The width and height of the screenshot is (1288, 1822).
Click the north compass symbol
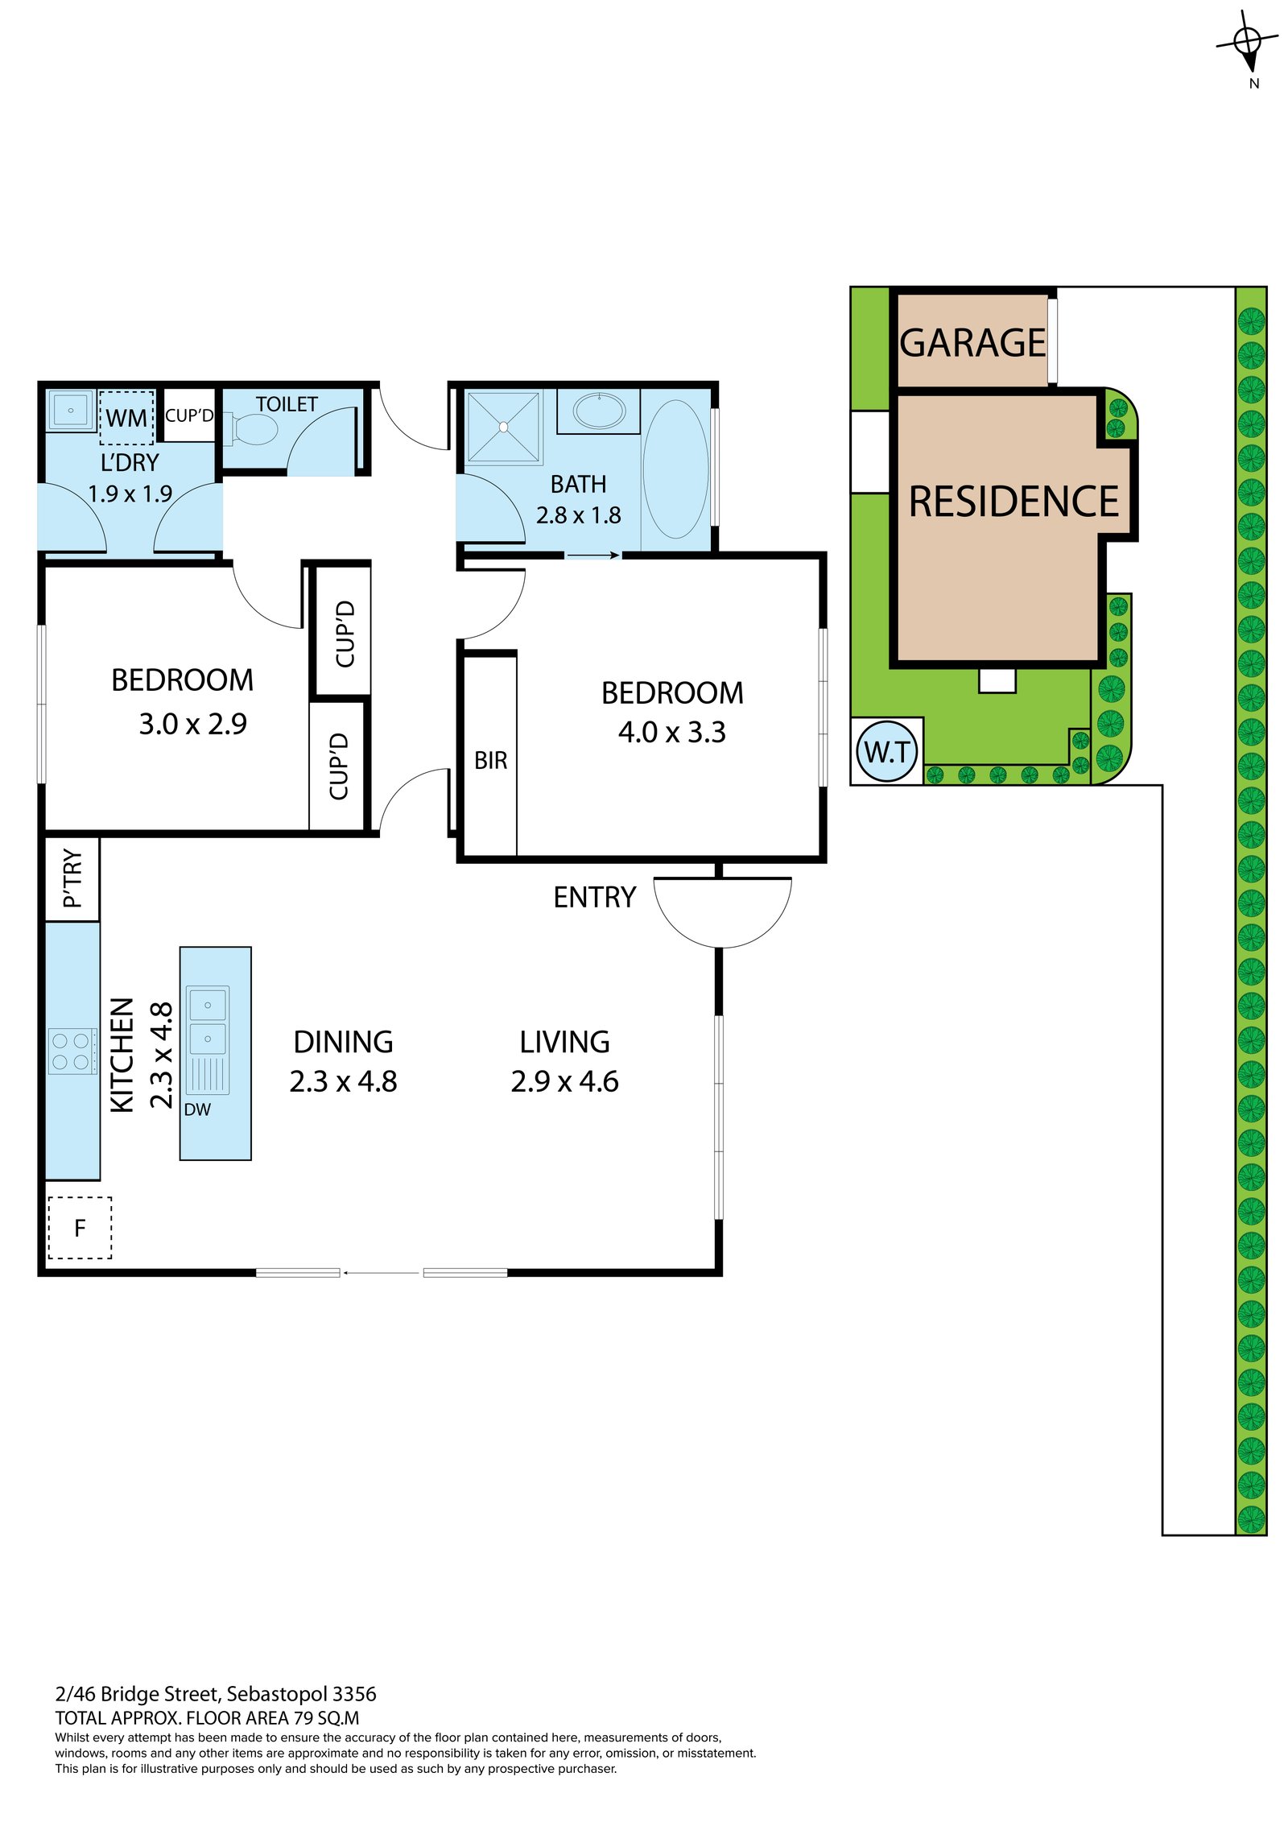click(1247, 40)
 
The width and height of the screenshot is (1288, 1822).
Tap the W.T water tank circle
click(887, 752)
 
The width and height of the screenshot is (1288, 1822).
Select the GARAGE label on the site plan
click(972, 343)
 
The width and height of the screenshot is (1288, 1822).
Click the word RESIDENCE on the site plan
click(1013, 502)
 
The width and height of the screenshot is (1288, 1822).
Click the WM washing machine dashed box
click(126, 418)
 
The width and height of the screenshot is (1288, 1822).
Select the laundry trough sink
click(71, 411)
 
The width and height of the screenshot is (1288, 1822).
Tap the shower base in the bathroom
click(503, 428)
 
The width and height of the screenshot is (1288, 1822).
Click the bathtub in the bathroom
click(675, 469)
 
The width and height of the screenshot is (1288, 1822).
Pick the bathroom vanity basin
click(599, 411)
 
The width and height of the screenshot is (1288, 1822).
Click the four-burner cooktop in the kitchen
click(71, 1051)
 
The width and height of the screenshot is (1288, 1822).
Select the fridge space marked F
click(80, 1228)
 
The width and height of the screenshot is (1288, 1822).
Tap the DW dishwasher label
click(197, 1109)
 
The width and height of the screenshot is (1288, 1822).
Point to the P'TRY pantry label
click(72, 878)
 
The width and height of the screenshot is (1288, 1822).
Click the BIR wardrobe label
click(490, 760)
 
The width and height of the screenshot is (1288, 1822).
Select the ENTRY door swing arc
click(722, 918)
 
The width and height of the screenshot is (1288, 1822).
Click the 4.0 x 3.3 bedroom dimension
click(671, 732)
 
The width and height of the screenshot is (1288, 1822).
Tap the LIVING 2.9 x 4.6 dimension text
click(564, 1081)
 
